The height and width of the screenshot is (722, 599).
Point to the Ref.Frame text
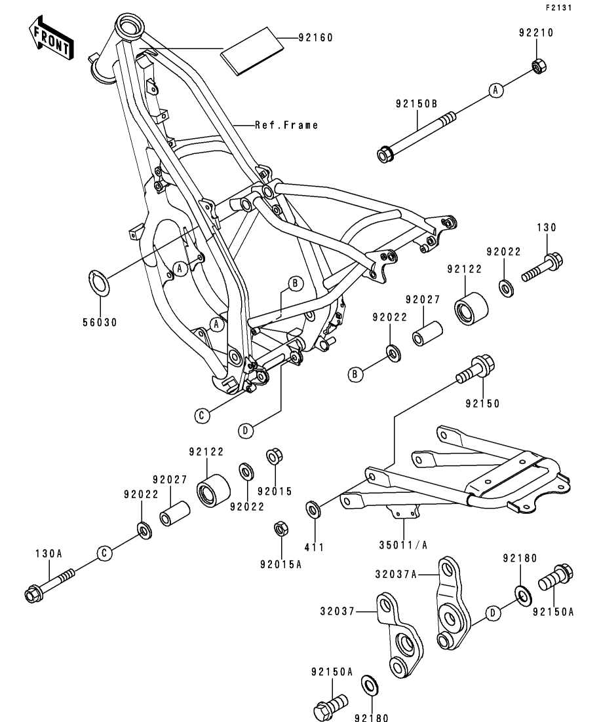coord(286,125)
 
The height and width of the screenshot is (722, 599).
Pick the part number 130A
coord(48,554)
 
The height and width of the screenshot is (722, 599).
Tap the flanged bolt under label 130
coord(542,266)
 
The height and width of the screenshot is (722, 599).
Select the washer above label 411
coord(313,509)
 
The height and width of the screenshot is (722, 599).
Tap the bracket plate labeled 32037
coord(398,634)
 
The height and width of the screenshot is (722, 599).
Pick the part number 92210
coord(537,31)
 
